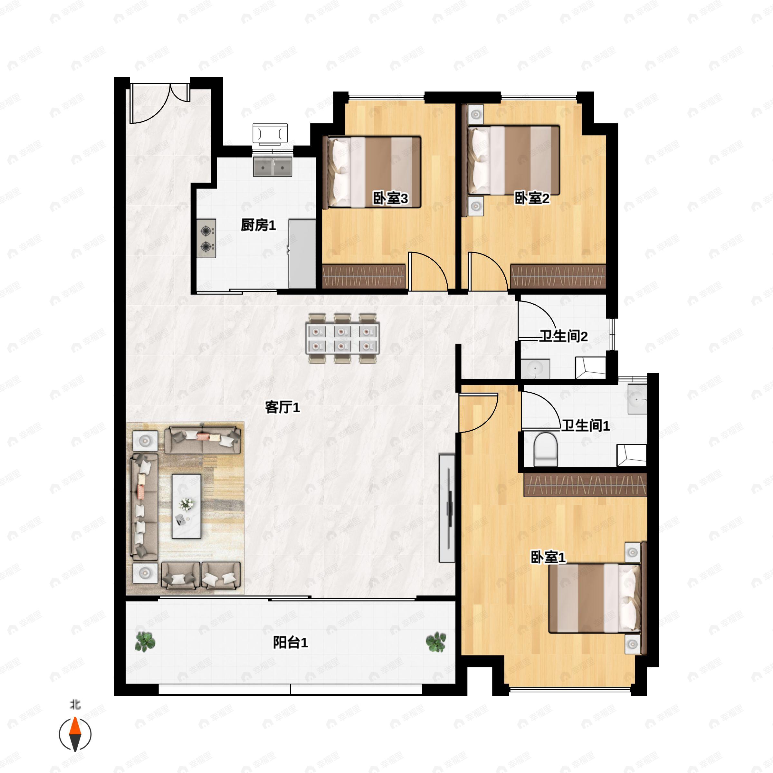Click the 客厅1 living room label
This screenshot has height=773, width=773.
click(282, 407)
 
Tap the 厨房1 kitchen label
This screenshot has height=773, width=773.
click(258, 225)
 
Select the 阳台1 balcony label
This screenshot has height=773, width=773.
click(291, 643)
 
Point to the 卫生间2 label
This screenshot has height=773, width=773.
click(563, 336)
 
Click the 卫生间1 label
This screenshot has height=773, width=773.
click(586, 425)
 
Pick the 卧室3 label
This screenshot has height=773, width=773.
click(390, 198)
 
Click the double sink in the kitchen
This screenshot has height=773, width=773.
click(272, 167)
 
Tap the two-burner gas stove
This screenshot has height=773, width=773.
click(206, 238)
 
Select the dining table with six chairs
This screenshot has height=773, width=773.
click(342, 339)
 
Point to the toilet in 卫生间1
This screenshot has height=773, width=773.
click(546, 449)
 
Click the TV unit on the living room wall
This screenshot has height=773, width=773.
click(447, 508)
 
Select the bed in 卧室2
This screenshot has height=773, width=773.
click(513, 160)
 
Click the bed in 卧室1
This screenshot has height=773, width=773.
click(595, 598)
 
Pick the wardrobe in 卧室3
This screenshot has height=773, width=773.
click(364, 276)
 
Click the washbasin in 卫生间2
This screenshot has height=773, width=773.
click(535, 369)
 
